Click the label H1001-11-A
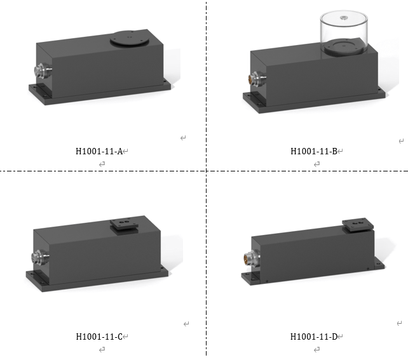point(99,151)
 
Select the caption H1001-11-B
point(314,151)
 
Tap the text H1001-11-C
point(99,337)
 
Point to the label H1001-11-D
point(314,337)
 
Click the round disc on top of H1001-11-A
point(130,39)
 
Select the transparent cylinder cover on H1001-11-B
point(344,32)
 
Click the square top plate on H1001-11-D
point(358,225)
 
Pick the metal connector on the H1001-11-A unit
point(43,70)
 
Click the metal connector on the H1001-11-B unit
point(257,79)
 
